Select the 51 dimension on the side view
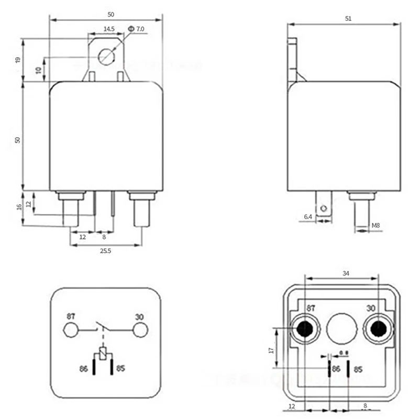pyautogui.click(x=348, y=18)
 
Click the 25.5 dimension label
pyautogui.click(x=105, y=251)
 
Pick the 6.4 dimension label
pyautogui.click(x=307, y=216)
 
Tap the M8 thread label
pyautogui.click(x=376, y=226)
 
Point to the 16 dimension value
pyautogui.click(x=19, y=207)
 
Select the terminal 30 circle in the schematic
pyautogui.click(x=140, y=330)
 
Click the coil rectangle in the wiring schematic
pyautogui.click(x=104, y=352)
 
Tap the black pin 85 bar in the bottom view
pyautogui.click(x=349, y=368)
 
